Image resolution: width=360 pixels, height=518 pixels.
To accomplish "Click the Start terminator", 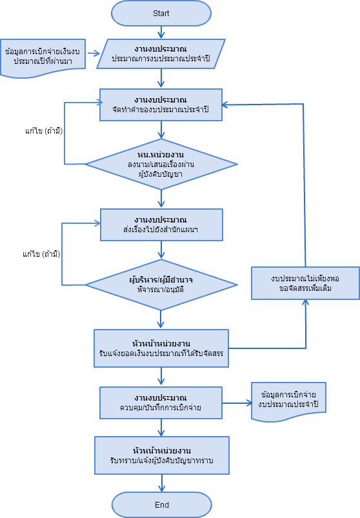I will point(161,13).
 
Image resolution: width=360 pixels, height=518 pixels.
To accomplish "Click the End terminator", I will point(161,504).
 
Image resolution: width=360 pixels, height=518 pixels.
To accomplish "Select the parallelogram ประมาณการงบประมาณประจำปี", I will point(161,54).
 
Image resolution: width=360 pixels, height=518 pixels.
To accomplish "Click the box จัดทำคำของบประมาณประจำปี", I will point(161,105).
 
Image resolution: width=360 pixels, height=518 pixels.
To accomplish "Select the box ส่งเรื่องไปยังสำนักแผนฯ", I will point(161,223).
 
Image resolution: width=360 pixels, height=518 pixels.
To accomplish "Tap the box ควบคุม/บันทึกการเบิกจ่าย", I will point(161,403).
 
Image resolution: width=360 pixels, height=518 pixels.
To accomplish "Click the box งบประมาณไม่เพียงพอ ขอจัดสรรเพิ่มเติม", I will point(305,283).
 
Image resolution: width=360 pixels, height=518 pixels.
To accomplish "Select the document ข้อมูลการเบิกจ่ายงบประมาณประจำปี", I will point(291,401).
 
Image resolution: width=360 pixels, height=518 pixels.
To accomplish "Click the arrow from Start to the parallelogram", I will point(161,32).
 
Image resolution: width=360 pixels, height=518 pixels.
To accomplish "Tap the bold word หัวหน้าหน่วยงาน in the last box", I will point(161,449).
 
